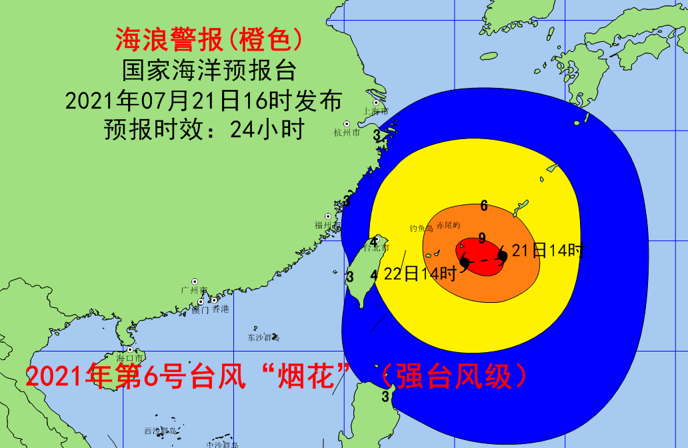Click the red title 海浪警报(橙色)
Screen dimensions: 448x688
pos(208,41)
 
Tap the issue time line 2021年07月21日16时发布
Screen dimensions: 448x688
pos(204,101)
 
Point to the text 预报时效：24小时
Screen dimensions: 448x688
pos(204,128)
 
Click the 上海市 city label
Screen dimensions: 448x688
pos(374,112)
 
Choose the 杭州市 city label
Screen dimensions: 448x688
pos(347,133)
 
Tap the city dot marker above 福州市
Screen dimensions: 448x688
pos(328,216)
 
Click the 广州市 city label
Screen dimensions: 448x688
pos(194,291)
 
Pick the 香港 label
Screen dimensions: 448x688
pos(220,310)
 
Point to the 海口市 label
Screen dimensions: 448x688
pos(129,358)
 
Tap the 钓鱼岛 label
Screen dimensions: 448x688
pos(421,228)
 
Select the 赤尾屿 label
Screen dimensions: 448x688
pos(448,225)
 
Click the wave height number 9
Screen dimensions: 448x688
pos(481,238)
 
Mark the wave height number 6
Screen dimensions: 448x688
pos(484,206)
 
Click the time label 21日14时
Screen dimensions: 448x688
pos(548,251)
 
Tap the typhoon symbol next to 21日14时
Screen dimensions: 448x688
pos(503,256)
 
